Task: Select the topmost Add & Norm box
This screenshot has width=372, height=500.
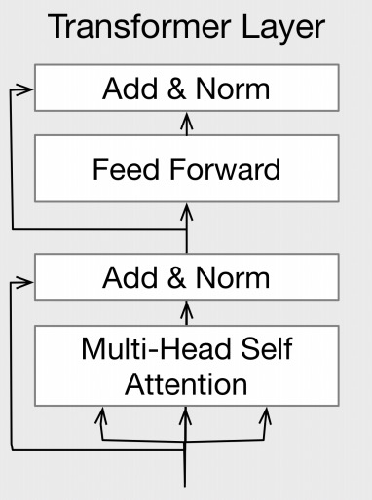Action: (186, 89)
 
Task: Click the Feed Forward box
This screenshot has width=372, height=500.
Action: (186, 169)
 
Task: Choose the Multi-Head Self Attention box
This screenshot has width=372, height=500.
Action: (186, 365)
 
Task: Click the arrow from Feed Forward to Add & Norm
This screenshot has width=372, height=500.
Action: (186, 123)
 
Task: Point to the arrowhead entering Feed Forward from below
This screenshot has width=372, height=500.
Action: (186, 210)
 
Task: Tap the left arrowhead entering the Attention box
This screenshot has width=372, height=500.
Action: (99, 414)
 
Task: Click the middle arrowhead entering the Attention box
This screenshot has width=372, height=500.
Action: (186, 414)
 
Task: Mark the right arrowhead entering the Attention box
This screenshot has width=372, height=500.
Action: (265, 414)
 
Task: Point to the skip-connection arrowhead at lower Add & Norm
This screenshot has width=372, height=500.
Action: (27, 283)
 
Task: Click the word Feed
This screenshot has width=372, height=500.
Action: (123, 169)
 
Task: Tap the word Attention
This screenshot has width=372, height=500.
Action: (186, 382)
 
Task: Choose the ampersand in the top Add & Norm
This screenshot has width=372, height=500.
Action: (177, 89)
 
